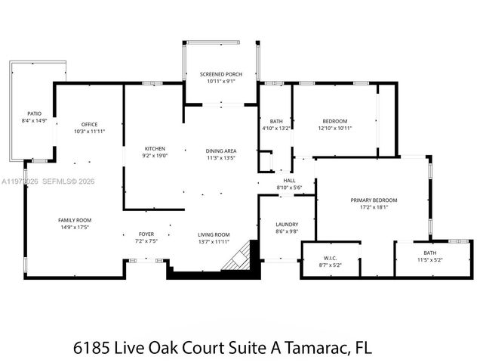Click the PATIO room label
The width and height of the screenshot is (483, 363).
[34, 113]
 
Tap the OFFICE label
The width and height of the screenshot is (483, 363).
[90, 124]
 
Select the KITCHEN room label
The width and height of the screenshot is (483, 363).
[155, 148]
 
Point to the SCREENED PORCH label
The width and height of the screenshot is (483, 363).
[221, 74]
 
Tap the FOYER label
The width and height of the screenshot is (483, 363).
[146, 234]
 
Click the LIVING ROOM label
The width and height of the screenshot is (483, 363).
[214, 234]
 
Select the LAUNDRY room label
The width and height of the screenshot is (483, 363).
[287, 224]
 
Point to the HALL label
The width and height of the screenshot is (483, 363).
[289, 181]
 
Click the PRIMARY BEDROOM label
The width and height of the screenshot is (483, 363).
[374, 200]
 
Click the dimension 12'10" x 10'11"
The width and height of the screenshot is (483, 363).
[335, 128]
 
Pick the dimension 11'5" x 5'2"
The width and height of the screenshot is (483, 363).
[429, 259]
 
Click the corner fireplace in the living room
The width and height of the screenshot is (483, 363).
[238, 256]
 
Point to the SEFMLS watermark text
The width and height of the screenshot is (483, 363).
[57, 181]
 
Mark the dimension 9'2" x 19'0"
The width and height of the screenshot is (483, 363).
[155, 155]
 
